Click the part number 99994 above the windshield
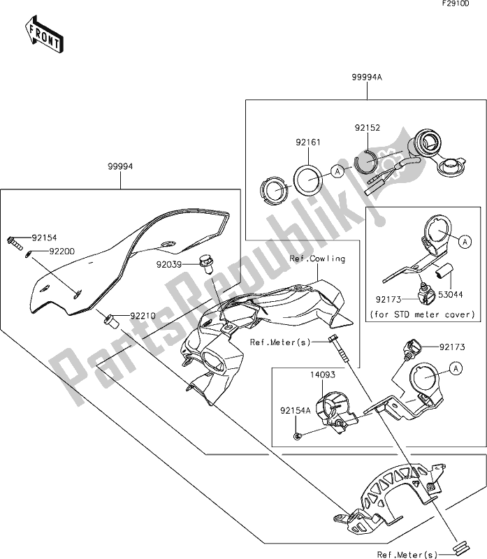click(120, 168)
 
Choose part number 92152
click(368, 129)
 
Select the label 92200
click(61, 249)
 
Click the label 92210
click(142, 316)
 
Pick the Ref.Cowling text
click(317, 259)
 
